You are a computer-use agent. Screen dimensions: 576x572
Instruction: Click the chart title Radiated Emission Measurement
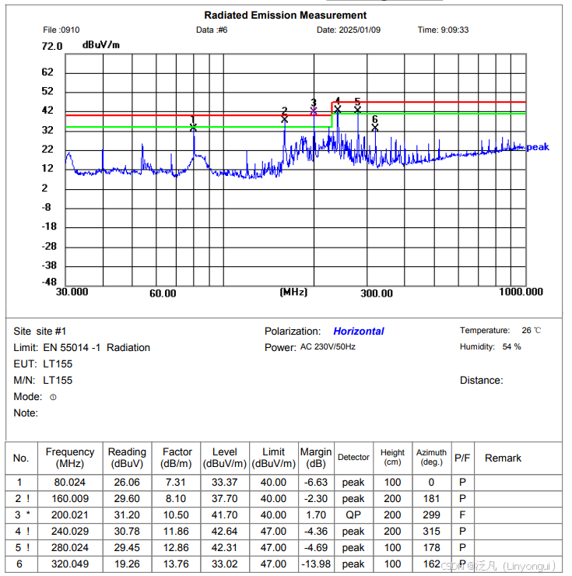tap(285, 15)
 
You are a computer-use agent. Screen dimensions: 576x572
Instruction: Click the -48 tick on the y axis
tap(49, 282)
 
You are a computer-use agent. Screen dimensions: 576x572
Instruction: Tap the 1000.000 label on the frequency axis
tap(521, 292)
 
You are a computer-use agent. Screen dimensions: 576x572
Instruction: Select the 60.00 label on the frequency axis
tap(163, 293)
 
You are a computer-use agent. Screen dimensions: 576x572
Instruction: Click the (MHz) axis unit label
tap(293, 292)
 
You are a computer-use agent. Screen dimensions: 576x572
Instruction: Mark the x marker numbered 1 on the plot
tap(193, 127)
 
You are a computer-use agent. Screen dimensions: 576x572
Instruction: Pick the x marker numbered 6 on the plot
tap(375, 127)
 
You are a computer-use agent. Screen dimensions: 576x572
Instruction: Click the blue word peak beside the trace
tap(538, 147)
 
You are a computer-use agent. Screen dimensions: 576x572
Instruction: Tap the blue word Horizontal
tap(359, 331)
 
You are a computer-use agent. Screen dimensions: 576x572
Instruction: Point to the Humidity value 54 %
tap(512, 346)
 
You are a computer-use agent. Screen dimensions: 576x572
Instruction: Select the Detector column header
tap(353, 458)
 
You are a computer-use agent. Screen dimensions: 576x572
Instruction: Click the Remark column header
tap(503, 458)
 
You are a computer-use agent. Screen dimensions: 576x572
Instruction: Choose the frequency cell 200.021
tap(70, 515)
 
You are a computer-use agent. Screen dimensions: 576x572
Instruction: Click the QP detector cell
tap(353, 515)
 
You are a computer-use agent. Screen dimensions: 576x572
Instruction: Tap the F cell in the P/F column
tap(462, 515)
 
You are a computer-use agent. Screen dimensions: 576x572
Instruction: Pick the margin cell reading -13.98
tap(316, 564)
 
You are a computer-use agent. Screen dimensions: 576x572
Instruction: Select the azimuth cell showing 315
tap(431, 531)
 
